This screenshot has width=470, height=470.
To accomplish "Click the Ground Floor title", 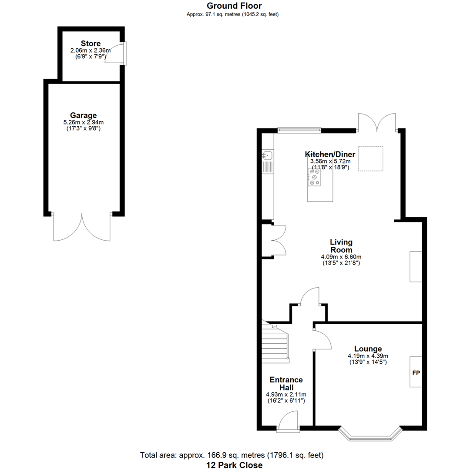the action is click(x=234, y=6).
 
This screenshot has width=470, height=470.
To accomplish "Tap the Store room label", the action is click(x=91, y=44).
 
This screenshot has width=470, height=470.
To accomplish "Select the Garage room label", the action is click(x=83, y=115).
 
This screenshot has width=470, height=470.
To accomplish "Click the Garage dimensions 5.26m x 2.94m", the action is click(x=83, y=122).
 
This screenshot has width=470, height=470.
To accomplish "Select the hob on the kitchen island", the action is click(x=314, y=177).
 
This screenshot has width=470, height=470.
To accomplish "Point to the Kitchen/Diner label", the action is click(x=330, y=154).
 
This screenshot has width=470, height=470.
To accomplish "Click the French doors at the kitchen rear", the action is click(x=377, y=123).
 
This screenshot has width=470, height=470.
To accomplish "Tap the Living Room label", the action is click(x=341, y=246).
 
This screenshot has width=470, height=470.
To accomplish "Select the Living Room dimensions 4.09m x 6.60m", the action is click(x=341, y=257).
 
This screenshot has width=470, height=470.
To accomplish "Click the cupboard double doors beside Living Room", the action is click(x=279, y=240).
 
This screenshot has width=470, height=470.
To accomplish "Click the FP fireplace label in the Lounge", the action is click(x=416, y=373).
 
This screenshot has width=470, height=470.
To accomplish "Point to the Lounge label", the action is click(x=368, y=349).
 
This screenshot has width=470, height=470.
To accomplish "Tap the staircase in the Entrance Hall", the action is click(x=275, y=342).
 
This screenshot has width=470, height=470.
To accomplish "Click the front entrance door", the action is click(x=288, y=422).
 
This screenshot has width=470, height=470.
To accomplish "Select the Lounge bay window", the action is click(x=370, y=434).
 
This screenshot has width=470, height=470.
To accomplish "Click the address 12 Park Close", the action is click(x=235, y=465).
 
